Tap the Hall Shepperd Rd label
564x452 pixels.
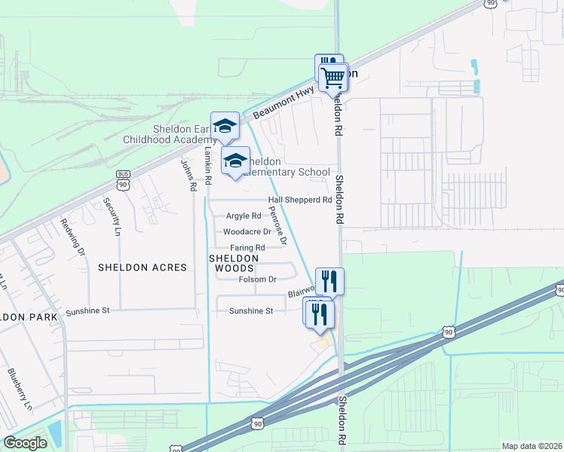tap(300, 200)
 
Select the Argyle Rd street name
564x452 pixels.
tap(243, 216)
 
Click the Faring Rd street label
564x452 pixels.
tap(247, 248)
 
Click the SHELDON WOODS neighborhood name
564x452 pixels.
tap(233, 263)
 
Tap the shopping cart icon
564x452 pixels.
tap(333, 75)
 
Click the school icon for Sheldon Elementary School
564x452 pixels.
tap(235, 160)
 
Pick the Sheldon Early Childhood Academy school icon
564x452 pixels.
tap(225, 126)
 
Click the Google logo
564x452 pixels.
tap(25, 443)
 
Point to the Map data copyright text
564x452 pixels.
tap(531, 446)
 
